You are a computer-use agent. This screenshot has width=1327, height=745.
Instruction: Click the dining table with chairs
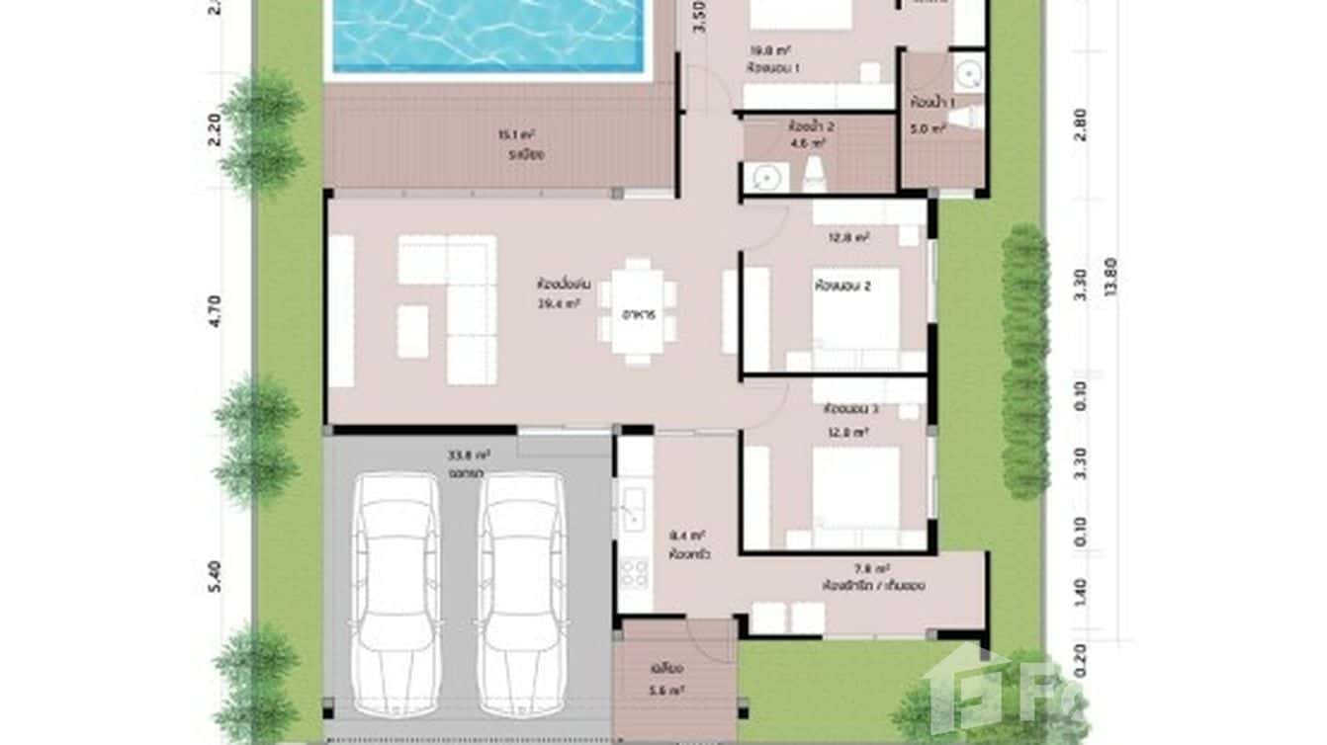pyautogui.click(x=638, y=312)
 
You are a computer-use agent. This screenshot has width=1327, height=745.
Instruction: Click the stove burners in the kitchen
pyautogui.click(x=634, y=572)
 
